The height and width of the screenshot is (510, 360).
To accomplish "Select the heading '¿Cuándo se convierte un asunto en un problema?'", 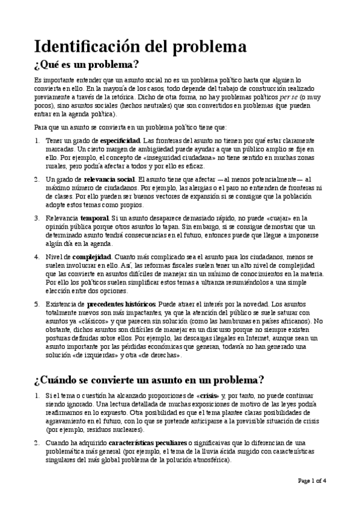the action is click(149, 381).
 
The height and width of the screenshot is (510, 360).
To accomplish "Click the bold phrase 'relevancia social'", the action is click(109, 180).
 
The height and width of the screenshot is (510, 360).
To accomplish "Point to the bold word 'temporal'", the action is click(94, 218).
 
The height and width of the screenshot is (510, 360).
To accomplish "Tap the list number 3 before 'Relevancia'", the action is click(37, 218).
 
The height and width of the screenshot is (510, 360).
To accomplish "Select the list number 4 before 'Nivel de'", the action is click(37, 257).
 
